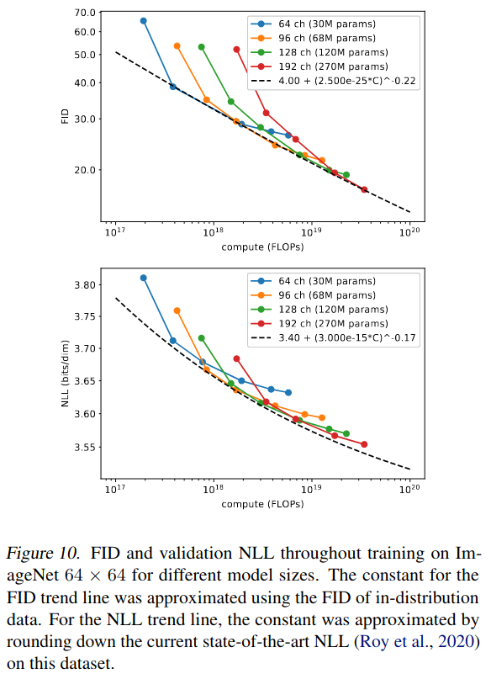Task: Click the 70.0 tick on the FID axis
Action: (84, 13)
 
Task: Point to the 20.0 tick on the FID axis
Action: (84, 170)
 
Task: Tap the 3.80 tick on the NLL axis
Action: (84, 286)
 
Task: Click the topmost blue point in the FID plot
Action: (143, 20)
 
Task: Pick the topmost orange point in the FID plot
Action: (177, 45)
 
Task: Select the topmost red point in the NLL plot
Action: (236, 358)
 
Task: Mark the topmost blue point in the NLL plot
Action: (143, 278)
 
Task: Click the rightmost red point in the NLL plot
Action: (364, 444)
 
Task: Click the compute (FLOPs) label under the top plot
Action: (262, 247)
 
